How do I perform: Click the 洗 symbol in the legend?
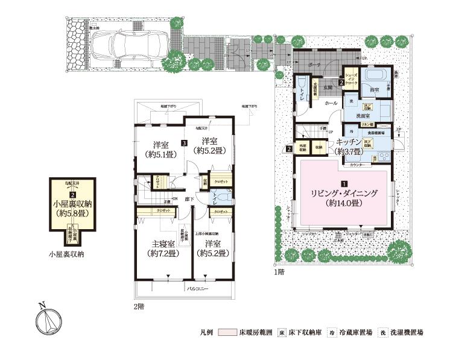(384, 332)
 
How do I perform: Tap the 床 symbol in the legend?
(281, 332)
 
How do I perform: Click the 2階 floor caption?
(139, 306)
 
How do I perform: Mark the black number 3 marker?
(183, 143)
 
